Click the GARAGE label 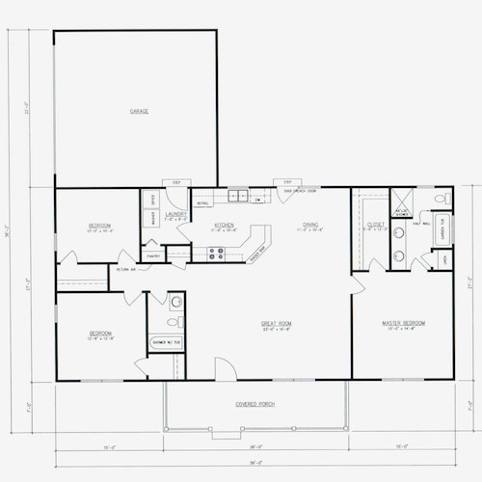139,112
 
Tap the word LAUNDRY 175,214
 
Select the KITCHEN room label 225,226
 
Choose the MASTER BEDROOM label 403,323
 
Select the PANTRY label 152,255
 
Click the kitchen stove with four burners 216,254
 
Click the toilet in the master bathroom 441,199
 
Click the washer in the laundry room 153,219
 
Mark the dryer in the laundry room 153,199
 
